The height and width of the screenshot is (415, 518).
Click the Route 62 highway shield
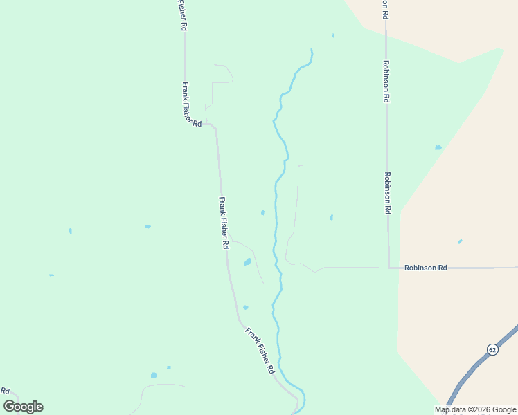coord(492,349)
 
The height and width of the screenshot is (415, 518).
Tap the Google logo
coord(23,407)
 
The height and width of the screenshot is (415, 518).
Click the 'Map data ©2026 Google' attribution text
coord(476,409)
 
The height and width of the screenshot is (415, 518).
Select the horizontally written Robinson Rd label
coord(426,267)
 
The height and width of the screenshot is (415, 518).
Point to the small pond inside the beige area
coord(460,242)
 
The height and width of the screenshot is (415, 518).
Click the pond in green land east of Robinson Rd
coord(438,147)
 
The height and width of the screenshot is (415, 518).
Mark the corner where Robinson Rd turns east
coord(388,267)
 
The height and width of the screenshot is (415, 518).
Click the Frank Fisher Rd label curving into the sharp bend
coord(191,104)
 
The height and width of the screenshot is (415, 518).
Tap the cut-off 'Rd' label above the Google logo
coord(5,391)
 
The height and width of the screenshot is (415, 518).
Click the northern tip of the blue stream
coord(312,50)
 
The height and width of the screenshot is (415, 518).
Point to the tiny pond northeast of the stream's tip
coord(333,35)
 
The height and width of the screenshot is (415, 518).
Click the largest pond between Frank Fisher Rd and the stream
coord(247,262)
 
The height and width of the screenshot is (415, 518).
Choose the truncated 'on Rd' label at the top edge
coord(385,9)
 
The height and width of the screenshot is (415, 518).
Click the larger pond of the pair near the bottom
coord(154,376)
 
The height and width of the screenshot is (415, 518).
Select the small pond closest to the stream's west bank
coord(262,212)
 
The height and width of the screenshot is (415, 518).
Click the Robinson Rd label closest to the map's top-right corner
coord(385,81)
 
